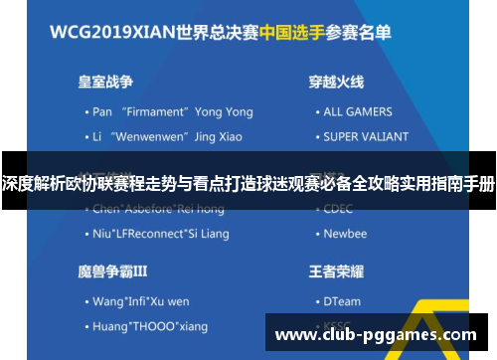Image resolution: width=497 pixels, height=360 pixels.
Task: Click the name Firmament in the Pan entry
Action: tap(155, 112)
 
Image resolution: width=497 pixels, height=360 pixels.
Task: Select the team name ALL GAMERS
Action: tap(357, 112)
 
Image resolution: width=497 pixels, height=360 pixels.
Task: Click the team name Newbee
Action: tap(345, 234)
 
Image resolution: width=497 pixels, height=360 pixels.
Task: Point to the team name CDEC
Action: tap(339, 209)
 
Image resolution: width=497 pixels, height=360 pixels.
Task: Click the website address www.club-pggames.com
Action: tap(375, 334)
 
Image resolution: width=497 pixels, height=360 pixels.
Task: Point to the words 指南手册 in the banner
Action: tap(460, 184)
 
